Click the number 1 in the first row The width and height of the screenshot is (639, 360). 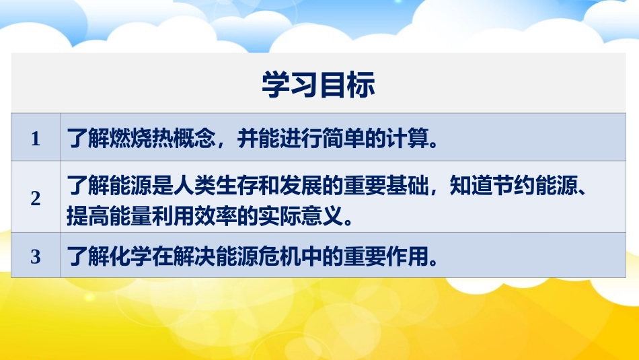pyautogui.click(x=36, y=140)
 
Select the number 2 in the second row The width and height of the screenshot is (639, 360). pyautogui.click(x=36, y=199)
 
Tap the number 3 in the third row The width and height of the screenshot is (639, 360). pyautogui.click(x=36, y=256)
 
